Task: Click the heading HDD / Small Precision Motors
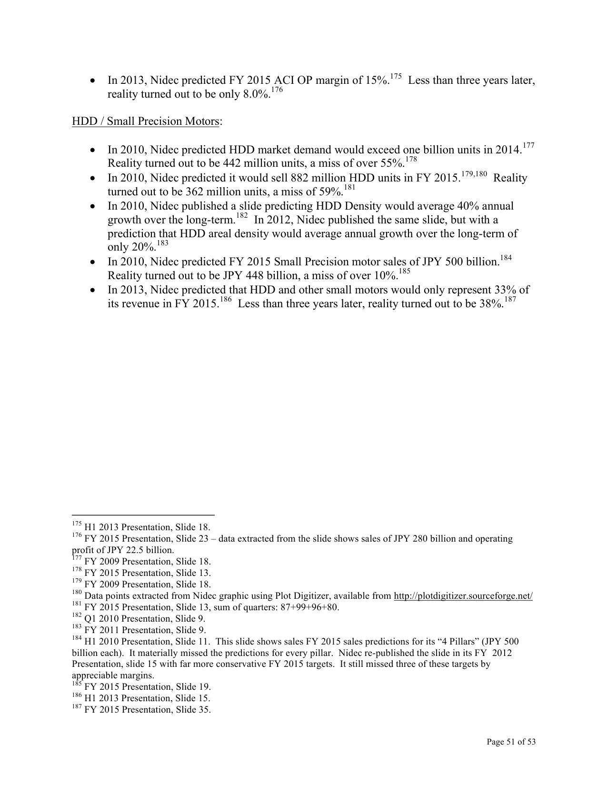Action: click(145, 121)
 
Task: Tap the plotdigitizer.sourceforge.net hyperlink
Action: click(463, 596)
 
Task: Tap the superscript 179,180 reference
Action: click(474, 174)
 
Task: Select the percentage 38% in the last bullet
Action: click(490, 304)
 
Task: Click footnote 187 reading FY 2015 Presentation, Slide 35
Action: click(147, 710)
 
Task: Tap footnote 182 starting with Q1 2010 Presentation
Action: click(144, 619)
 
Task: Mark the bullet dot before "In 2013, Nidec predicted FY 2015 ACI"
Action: click(94, 81)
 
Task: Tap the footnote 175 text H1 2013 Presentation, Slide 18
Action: click(147, 527)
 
